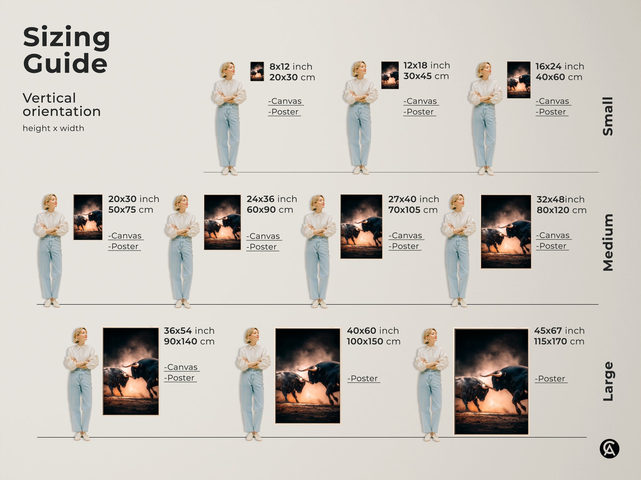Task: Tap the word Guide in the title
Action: [x=65, y=63]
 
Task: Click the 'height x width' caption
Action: [x=53, y=128]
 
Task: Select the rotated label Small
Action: [x=608, y=116]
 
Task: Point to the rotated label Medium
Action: [x=608, y=242]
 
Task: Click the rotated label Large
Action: [x=608, y=381]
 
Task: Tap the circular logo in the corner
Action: [x=609, y=449]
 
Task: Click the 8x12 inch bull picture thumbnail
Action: [x=257, y=71]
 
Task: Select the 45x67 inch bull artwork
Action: [x=491, y=382]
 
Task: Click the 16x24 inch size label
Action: [x=559, y=66]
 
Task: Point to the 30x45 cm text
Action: [x=426, y=76]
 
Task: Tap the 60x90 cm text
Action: [x=270, y=210]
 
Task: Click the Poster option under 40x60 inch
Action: [x=364, y=378]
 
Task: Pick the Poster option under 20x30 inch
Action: [x=125, y=246]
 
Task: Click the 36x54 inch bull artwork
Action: [x=131, y=371]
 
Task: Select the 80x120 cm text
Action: [x=561, y=210]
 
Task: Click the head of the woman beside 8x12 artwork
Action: [x=228, y=69]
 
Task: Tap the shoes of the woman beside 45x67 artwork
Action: [x=432, y=437]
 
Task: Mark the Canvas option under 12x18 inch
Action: [x=421, y=101]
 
